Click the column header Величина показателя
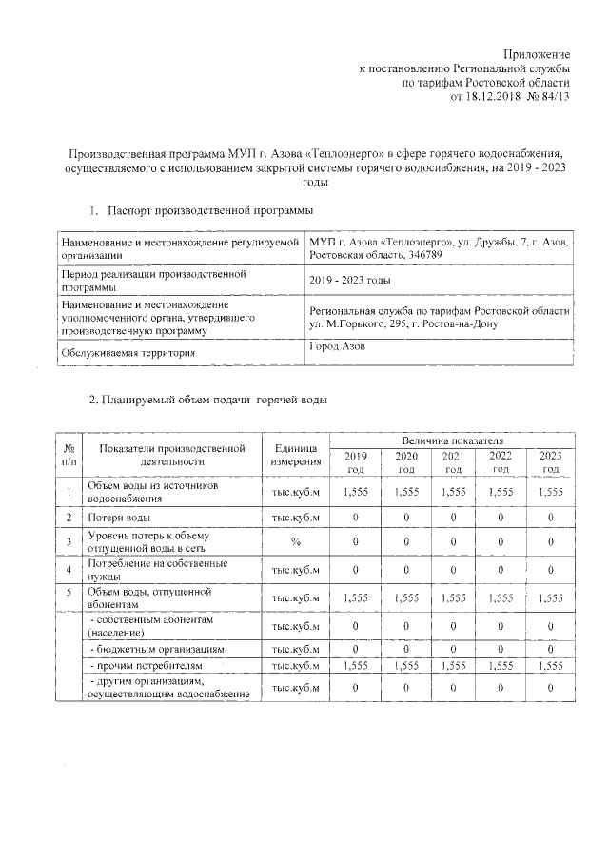tap(452, 442)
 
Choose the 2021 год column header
tap(453, 462)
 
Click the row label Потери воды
tap(118, 517)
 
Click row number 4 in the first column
tap(69, 571)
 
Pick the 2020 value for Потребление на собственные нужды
tap(405, 571)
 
